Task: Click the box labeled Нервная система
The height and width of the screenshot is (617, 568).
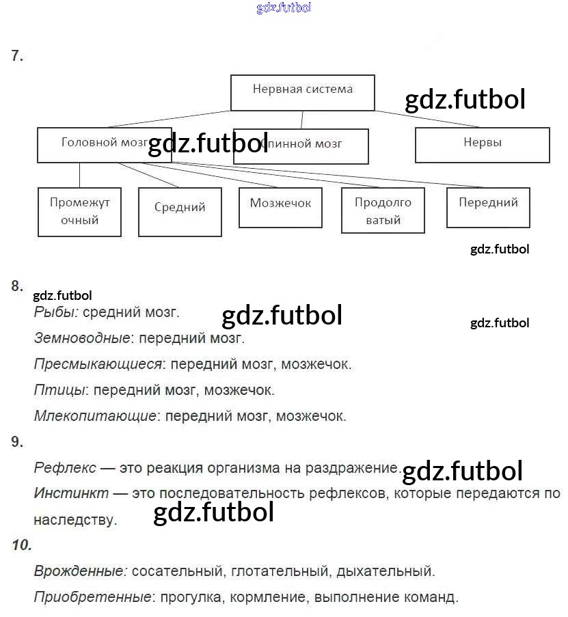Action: click(302, 92)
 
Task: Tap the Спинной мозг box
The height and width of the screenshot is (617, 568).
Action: click(301, 146)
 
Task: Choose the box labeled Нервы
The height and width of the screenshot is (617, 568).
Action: click(482, 144)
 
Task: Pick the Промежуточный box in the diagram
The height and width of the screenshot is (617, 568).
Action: click(79, 212)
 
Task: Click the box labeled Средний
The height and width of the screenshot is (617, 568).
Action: click(180, 211)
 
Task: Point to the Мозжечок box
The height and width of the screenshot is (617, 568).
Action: click(280, 206)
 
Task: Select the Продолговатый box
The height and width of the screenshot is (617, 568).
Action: click(383, 211)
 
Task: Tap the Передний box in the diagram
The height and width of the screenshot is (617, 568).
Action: click(488, 206)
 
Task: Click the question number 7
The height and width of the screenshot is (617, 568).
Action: click(17, 57)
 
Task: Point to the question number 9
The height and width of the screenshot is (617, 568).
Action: click(17, 442)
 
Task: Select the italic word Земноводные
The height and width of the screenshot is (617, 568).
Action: click(82, 338)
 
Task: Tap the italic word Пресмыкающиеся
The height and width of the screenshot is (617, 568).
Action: click(98, 364)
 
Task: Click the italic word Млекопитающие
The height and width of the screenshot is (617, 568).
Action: click(95, 415)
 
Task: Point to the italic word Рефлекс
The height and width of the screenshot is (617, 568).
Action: click(65, 469)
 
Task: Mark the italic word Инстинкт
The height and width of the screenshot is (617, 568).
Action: click(71, 493)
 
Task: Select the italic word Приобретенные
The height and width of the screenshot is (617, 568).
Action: click(92, 597)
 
